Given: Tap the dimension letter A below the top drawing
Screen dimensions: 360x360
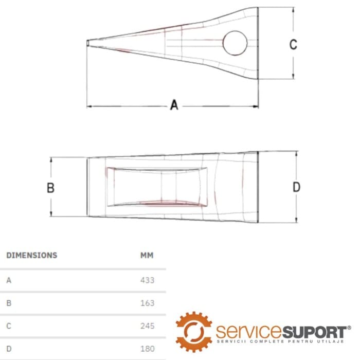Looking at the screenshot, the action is (174, 105).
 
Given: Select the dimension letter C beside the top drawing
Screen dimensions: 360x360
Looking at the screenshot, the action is (293, 44).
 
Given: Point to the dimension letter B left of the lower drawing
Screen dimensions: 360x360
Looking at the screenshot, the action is (50, 188).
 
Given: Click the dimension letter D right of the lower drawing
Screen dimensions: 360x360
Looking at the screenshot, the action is (296, 187).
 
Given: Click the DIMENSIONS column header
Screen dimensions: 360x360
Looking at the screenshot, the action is (32, 255).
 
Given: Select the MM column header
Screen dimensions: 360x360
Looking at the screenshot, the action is (147, 255).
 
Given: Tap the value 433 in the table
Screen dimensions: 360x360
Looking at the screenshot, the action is (148, 280).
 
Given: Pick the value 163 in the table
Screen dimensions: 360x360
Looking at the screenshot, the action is (148, 303).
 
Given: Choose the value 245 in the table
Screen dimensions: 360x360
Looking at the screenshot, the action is (148, 326).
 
